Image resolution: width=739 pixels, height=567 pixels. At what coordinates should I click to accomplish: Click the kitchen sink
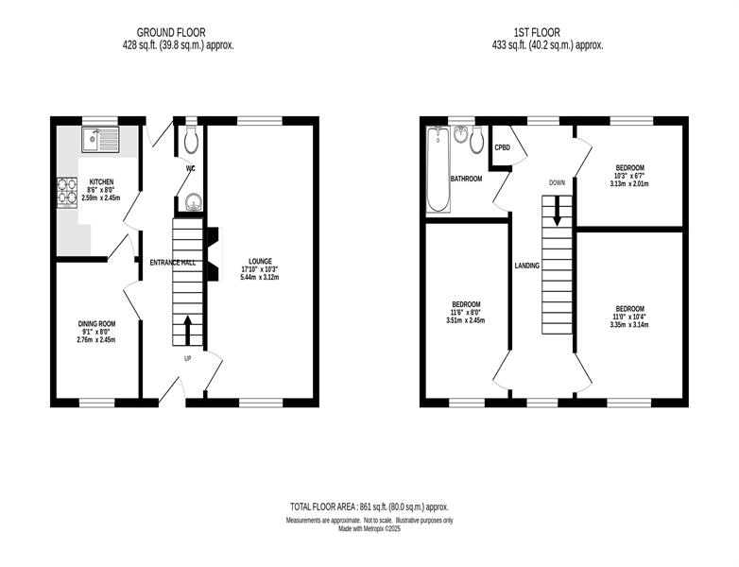(x=101, y=140)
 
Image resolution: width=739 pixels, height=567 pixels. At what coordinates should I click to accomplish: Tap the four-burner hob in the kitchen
(x=67, y=192)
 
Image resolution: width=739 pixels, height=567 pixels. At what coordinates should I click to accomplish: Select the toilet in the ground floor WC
(x=190, y=139)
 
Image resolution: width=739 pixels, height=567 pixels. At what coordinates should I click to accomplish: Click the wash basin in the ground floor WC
(x=193, y=202)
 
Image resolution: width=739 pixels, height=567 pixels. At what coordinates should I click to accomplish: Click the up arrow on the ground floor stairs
(x=187, y=331)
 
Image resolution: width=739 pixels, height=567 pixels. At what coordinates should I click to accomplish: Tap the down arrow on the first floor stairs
(x=557, y=211)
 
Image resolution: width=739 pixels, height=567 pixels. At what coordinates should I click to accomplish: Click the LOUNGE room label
(x=260, y=261)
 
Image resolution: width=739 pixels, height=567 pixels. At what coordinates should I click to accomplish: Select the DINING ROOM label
(x=96, y=324)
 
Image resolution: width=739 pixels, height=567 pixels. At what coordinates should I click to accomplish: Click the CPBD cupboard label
(x=503, y=147)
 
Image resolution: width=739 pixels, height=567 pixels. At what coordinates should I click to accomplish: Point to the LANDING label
(x=527, y=266)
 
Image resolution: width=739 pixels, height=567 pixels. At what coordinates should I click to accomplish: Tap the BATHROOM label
(x=466, y=180)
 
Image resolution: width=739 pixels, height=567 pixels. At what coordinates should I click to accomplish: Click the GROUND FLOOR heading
(x=171, y=32)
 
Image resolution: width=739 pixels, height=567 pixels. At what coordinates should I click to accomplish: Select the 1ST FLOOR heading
(x=538, y=32)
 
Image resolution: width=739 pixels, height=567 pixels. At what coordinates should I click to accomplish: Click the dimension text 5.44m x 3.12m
(x=260, y=277)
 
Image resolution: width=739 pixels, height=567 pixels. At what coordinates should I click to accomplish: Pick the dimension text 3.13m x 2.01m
(x=629, y=183)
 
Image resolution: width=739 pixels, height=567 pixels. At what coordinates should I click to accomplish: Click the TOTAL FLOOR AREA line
(x=369, y=507)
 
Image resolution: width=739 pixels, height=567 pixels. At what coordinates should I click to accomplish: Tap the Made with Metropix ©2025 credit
(x=369, y=529)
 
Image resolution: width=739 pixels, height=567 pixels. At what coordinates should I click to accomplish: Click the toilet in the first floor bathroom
(x=477, y=140)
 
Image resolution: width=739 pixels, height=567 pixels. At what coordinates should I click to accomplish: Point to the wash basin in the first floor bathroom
(x=461, y=134)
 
